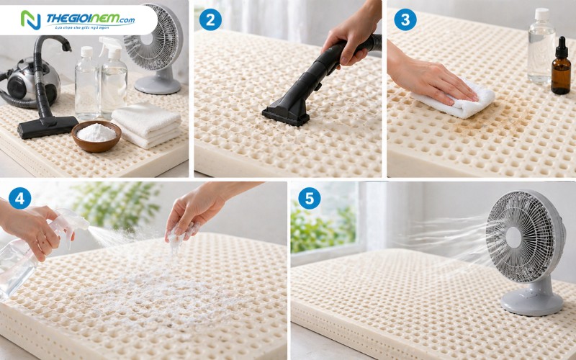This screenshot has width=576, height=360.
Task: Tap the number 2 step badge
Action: point(210,19)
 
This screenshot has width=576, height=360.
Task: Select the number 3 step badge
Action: point(405,19)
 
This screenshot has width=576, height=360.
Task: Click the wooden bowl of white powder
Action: point(96,135)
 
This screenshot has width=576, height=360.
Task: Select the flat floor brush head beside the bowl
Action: point(47,127)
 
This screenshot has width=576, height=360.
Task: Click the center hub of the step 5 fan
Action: point(513,238)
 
